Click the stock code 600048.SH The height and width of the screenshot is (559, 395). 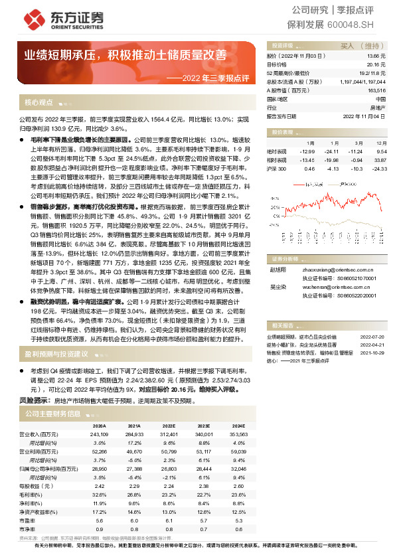click(360, 25)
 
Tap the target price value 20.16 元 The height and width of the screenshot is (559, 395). click(376, 65)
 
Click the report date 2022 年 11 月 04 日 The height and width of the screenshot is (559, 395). click(364, 116)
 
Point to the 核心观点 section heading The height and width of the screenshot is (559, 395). click(39, 103)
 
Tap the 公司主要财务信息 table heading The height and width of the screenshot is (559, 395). click(52, 413)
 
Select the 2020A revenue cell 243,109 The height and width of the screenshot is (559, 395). click(99, 434)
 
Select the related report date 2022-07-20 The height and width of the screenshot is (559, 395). click(372, 337)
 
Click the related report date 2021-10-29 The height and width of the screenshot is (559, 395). click(372, 353)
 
